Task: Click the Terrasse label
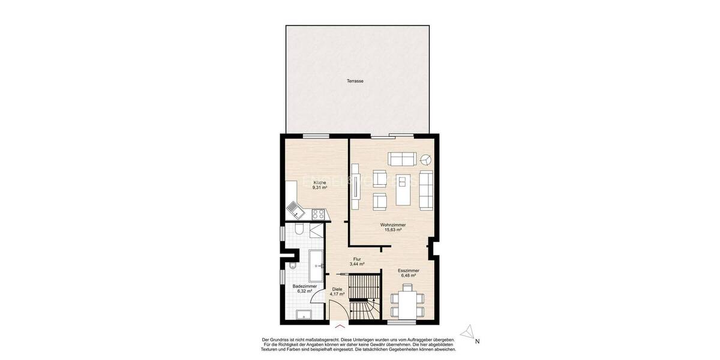355,81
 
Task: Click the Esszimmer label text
408,271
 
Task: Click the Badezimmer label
305,287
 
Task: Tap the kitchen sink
295,209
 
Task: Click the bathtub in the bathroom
316,266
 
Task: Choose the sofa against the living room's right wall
425,190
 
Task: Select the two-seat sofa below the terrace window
402,158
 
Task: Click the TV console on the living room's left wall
355,192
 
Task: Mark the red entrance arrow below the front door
340,326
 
